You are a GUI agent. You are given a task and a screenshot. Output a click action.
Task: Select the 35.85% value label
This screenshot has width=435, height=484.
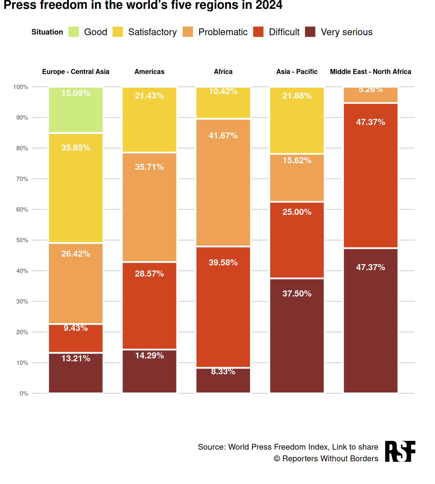click(x=76, y=147)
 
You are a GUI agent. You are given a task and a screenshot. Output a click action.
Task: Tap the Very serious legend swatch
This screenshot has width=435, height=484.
click(x=310, y=32)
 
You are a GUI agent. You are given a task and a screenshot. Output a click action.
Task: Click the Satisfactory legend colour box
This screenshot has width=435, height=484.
click(x=118, y=32)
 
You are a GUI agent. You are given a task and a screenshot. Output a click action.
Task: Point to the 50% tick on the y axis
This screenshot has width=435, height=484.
click(x=22, y=240)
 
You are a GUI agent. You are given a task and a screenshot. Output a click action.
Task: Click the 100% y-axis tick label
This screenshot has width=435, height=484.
click(x=21, y=87)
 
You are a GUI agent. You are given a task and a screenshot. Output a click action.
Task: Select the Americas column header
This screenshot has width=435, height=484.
click(x=149, y=72)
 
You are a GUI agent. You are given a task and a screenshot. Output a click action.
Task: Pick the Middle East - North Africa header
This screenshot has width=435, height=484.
click(x=370, y=72)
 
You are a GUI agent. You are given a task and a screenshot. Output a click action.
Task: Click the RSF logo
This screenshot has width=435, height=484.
click(x=400, y=451)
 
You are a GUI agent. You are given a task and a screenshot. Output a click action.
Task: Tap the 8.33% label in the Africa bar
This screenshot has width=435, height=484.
click(x=223, y=371)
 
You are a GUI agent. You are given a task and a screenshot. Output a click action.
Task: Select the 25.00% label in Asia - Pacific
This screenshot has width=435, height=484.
click(x=297, y=212)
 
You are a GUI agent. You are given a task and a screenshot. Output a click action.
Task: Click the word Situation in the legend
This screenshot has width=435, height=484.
click(x=47, y=32)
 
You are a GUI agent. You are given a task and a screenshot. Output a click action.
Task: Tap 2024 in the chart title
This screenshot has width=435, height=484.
click(x=269, y=5)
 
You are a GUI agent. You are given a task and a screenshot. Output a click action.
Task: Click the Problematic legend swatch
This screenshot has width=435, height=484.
click(x=188, y=32)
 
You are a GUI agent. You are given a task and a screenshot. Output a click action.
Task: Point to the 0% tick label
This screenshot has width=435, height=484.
click(x=24, y=394)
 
